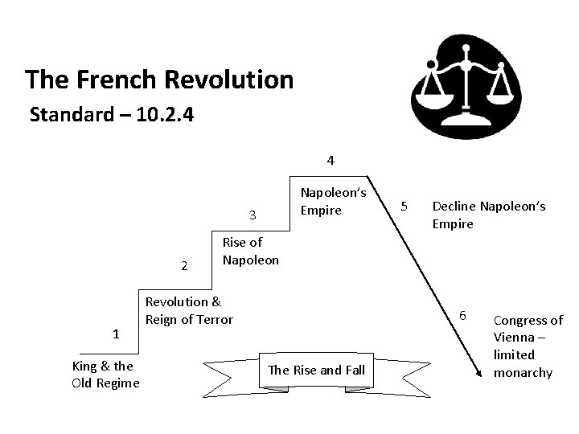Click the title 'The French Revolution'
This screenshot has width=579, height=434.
click(x=158, y=80)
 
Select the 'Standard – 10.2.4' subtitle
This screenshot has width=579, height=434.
click(x=110, y=115)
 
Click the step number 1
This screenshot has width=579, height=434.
click(x=116, y=334)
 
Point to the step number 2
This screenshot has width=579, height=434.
click(x=184, y=266)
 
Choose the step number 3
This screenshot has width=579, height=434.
click(x=253, y=215)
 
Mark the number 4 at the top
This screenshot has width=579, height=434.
click(x=331, y=160)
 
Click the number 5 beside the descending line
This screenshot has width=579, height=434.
click(x=406, y=206)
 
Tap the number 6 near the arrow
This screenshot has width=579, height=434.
click(x=462, y=313)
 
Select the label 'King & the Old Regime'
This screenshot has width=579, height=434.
click(x=105, y=374)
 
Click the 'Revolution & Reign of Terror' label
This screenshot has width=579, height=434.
click(x=188, y=310)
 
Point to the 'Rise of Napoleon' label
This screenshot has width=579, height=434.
click(x=250, y=251)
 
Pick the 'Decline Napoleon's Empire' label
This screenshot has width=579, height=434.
click(x=488, y=215)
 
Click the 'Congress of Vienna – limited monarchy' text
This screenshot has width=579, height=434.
click(x=528, y=346)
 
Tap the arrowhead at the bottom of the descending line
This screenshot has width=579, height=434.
click(x=478, y=372)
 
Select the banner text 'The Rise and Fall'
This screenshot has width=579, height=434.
click(x=316, y=370)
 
